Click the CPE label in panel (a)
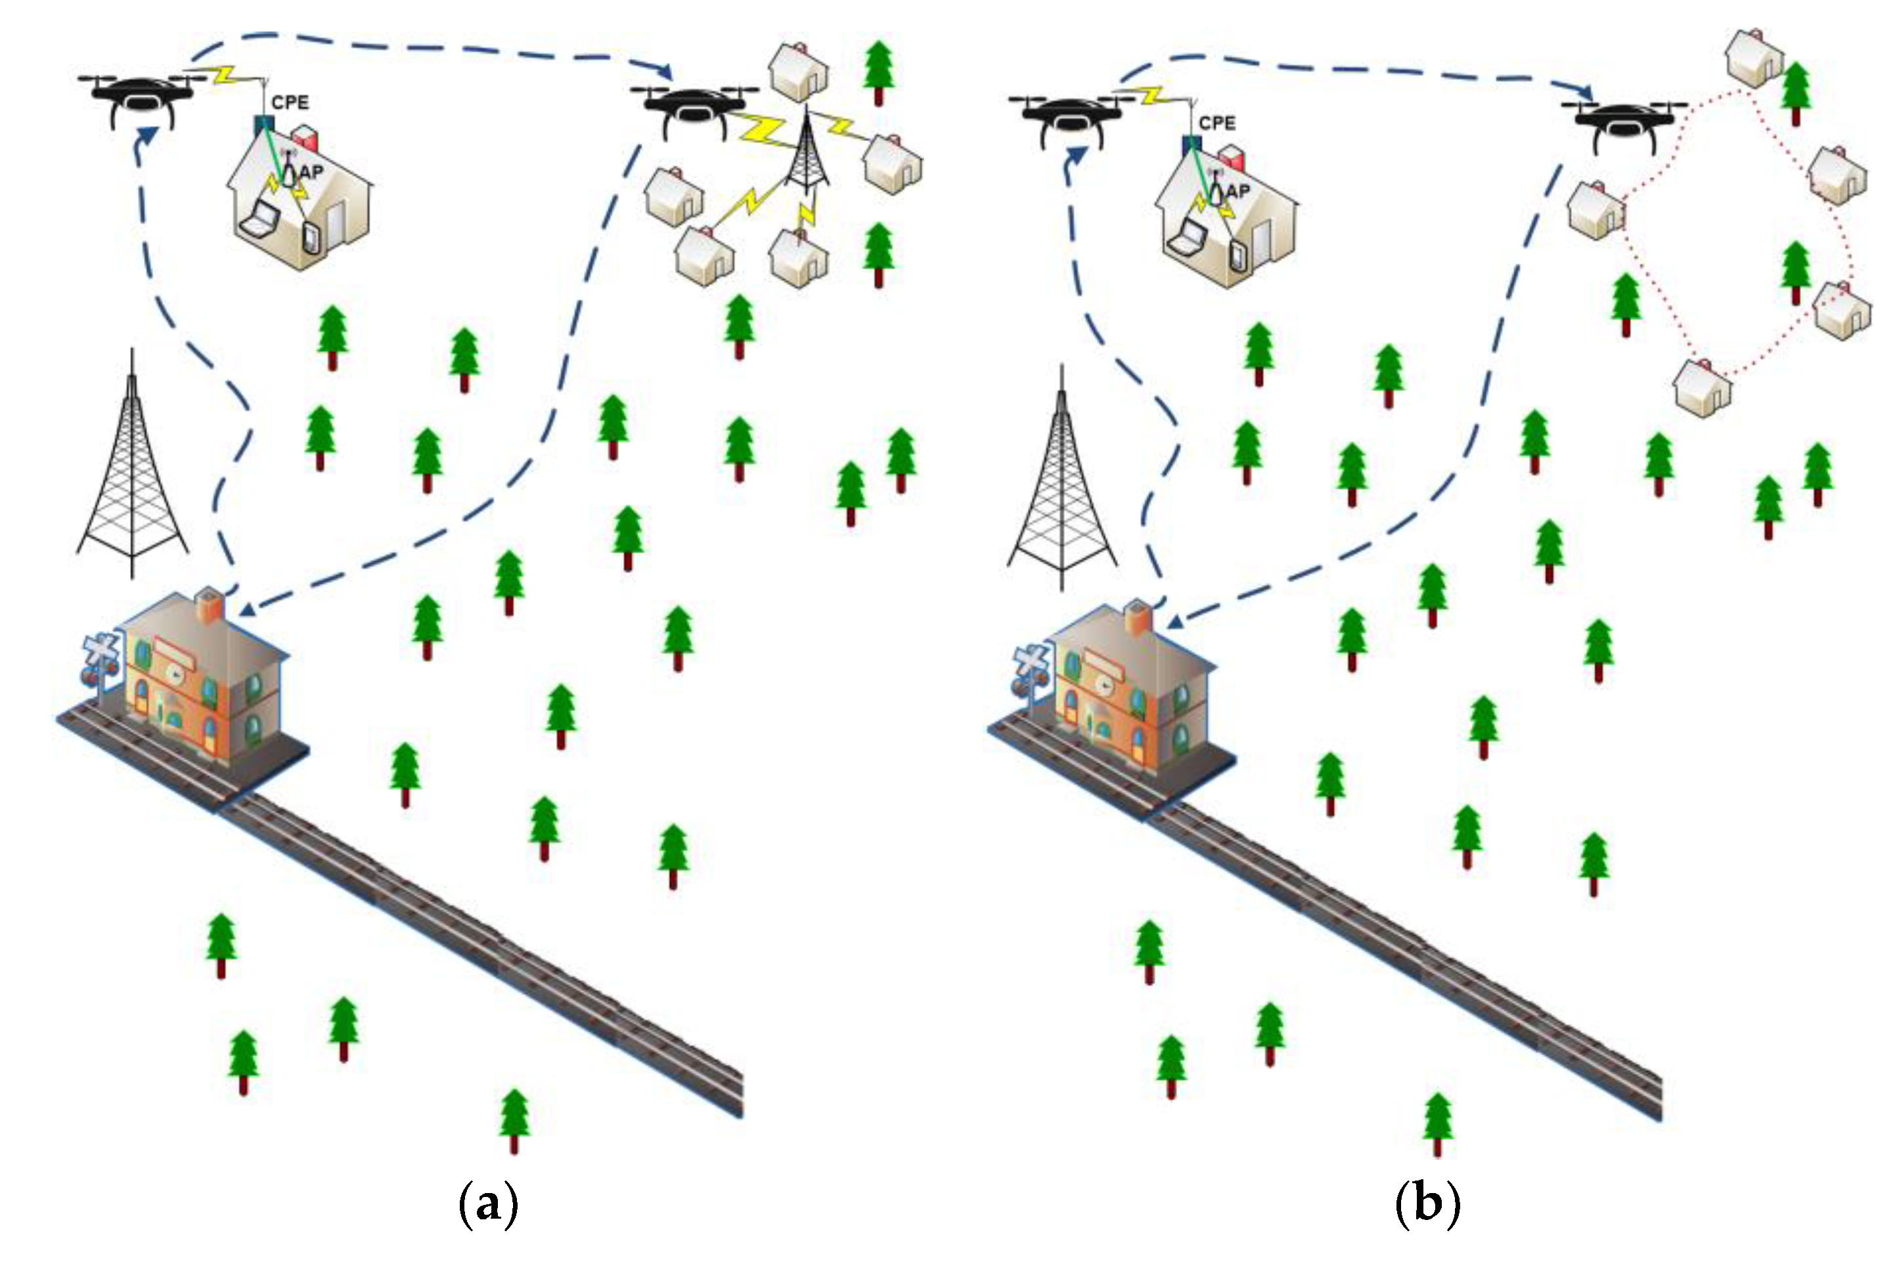click(x=290, y=103)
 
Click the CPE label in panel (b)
click(x=1216, y=123)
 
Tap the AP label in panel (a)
click(x=311, y=171)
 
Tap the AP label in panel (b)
click(x=1238, y=192)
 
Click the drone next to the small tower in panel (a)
click(x=692, y=108)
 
